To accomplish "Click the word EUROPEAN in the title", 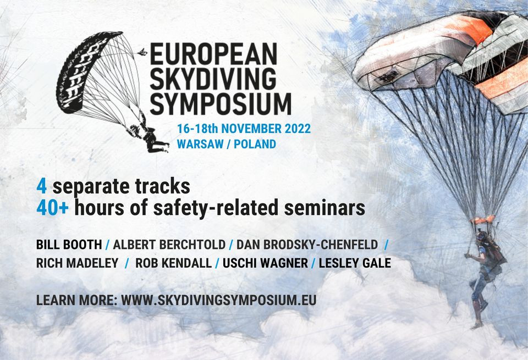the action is [213, 54].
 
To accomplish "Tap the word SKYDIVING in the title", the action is [213, 79].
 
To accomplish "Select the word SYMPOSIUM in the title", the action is [221, 104].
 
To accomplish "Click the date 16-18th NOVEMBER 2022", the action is [244, 129].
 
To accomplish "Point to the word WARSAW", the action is [200, 144].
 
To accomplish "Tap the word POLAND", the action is [255, 144].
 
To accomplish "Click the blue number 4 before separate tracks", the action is [41, 187].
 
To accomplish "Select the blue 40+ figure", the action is [53, 208].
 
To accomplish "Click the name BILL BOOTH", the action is [69, 245].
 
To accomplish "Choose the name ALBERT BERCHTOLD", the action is [169, 245].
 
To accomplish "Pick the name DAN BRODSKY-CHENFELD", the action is [307, 245].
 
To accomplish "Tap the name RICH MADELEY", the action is [78, 263].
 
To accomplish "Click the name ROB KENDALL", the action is [173, 263].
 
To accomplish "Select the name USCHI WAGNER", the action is [265, 263].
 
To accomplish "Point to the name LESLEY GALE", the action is [355, 263].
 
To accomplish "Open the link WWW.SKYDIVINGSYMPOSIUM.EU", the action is [219, 300].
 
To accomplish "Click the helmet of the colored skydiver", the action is [482, 236].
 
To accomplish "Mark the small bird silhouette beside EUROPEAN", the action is [143, 52].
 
